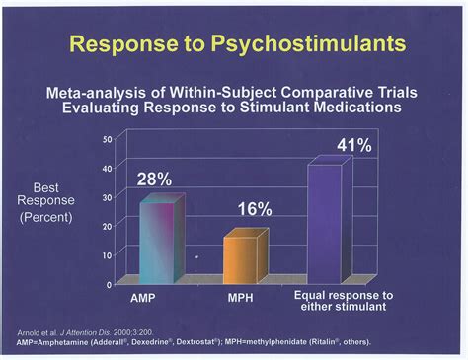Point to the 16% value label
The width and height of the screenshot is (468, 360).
(x=254, y=210)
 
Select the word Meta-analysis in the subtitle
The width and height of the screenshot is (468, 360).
(x=92, y=92)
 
